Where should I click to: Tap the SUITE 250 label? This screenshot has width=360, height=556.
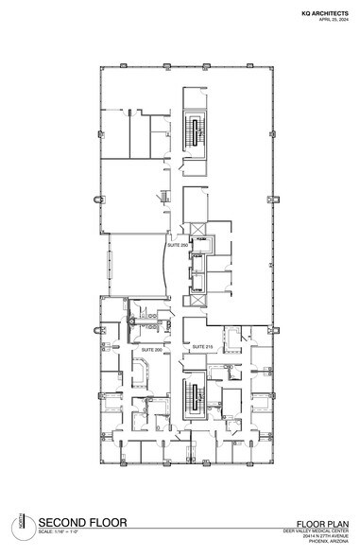pyautogui.click(x=176, y=244)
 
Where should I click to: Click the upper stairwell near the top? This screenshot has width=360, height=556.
pyautogui.click(x=197, y=129)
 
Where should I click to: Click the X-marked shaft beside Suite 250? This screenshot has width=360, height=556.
pyautogui.click(x=196, y=230)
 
